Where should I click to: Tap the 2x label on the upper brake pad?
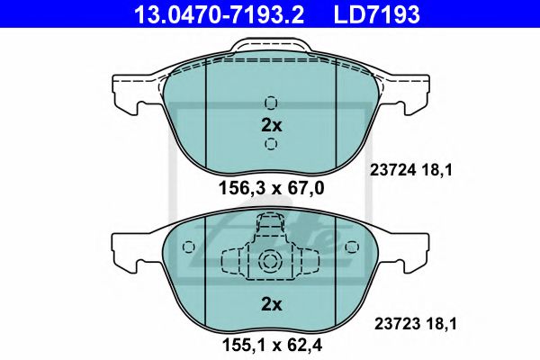click(x=271, y=125)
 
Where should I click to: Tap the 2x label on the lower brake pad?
click(x=271, y=304)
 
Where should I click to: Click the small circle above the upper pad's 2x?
click(x=271, y=102)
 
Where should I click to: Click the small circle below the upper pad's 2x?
click(x=271, y=145)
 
